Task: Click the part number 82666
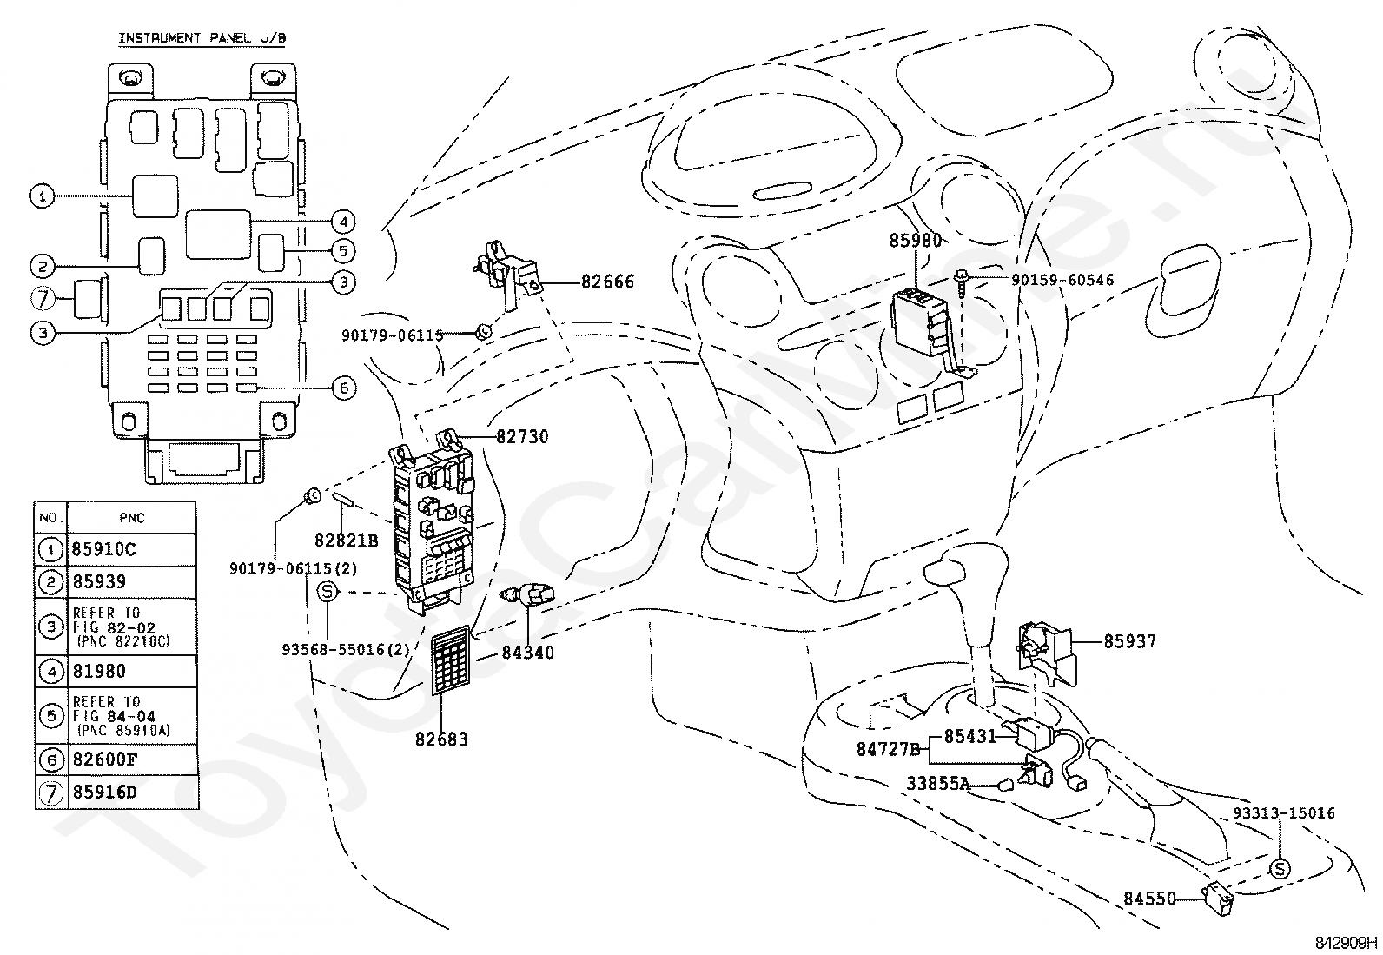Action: click(607, 282)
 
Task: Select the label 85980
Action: click(916, 241)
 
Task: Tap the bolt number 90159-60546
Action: click(1062, 281)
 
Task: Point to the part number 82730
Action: click(522, 437)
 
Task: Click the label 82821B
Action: click(347, 541)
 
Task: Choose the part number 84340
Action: click(528, 653)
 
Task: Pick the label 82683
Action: click(441, 739)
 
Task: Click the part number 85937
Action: click(1130, 642)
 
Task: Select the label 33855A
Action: click(938, 784)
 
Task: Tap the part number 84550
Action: click(1149, 899)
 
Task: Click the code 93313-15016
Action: click(1284, 813)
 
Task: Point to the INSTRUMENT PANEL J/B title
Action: click(202, 38)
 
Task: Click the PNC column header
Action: click(131, 518)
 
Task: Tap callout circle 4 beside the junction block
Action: click(343, 221)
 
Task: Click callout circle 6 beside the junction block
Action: click(344, 388)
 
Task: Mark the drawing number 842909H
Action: click(1346, 943)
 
